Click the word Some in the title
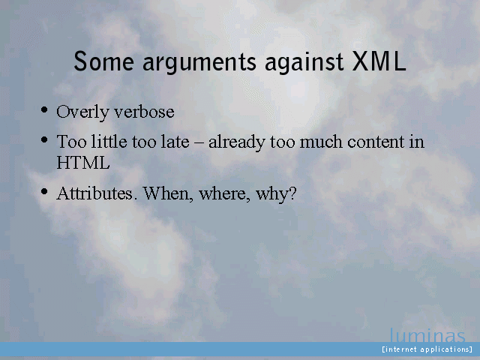(103, 61)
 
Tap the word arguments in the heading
(199, 64)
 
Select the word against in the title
(304, 63)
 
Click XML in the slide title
(379, 61)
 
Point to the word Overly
(82, 112)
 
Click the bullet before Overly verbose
(44, 110)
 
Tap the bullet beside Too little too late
(44, 140)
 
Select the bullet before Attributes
(44, 192)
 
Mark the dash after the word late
(199, 143)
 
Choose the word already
(237, 143)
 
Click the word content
(376, 142)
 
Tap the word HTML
(83, 163)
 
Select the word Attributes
(95, 193)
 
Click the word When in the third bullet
(168, 193)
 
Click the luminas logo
(427, 335)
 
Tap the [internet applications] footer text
(427, 349)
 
